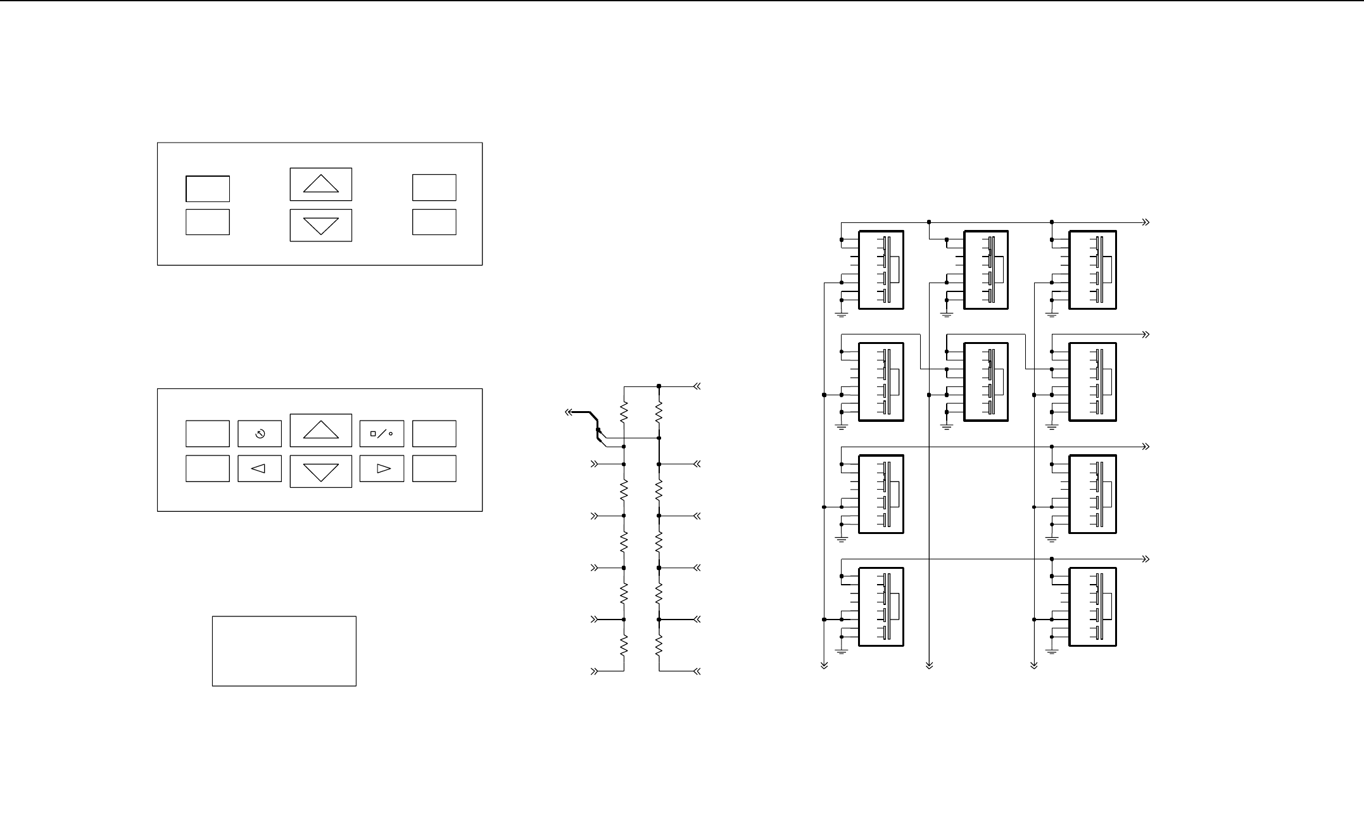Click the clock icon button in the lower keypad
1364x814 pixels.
(x=260, y=434)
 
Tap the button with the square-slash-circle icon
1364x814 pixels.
(x=382, y=434)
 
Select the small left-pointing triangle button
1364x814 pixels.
(x=260, y=469)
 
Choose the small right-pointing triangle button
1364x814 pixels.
(x=382, y=469)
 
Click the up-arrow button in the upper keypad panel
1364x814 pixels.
(x=321, y=184)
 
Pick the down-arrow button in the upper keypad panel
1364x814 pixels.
(x=321, y=226)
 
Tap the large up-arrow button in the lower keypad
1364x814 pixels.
(x=321, y=430)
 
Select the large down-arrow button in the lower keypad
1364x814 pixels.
(x=321, y=472)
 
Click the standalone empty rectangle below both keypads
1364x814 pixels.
(x=284, y=651)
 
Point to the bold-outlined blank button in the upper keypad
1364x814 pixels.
(x=208, y=189)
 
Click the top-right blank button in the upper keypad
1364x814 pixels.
(x=434, y=188)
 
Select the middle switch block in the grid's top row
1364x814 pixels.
(x=986, y=270)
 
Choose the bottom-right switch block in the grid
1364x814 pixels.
(x=1092, y=607)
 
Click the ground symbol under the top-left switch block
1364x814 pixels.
(x=842, y=314)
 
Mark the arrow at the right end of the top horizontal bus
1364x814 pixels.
(x=1146, y=222)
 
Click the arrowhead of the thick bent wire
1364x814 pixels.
(x=568, y=412)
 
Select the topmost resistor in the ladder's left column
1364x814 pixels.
(x=624, y=413)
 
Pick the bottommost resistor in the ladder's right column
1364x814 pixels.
(x=659, y=645)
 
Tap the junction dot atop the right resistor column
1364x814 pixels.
(x=659, y=386)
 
